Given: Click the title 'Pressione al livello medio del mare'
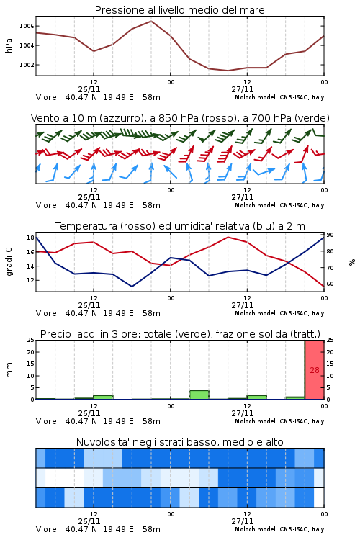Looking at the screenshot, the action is [x=179, y=10].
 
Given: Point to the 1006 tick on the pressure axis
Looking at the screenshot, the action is [x=27, y=26].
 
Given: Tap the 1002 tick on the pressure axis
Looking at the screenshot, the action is [x=27, y=65].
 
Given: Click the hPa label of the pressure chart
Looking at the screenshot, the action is [x=9, y=45].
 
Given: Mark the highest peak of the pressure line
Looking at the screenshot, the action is [x=151, y=21].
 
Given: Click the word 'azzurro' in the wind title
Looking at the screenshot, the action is [x=120, y=118].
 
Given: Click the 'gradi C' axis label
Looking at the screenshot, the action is [x=9, y=261].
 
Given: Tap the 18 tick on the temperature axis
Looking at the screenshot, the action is [x=30, y=238].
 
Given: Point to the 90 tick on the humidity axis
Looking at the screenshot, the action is [x=330, y=235].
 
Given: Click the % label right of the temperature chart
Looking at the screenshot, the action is [x=352, y=262].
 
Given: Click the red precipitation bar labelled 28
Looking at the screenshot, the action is [x=315, y=370].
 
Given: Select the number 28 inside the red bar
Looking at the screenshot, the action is [x=315, y=370].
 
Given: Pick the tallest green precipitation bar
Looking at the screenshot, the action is [x=199, y=395].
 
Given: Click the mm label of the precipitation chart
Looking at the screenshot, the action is [x=9, y=370].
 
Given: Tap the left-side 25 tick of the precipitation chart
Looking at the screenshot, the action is [x=30, y=340].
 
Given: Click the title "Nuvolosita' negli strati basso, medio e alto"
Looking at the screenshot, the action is [x=179, y=442].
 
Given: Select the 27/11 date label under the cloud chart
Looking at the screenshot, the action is [x=242, y=521].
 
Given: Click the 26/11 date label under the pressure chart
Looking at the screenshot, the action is [x=89, y=89].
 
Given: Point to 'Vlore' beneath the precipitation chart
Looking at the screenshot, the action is [x=46, y=421].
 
